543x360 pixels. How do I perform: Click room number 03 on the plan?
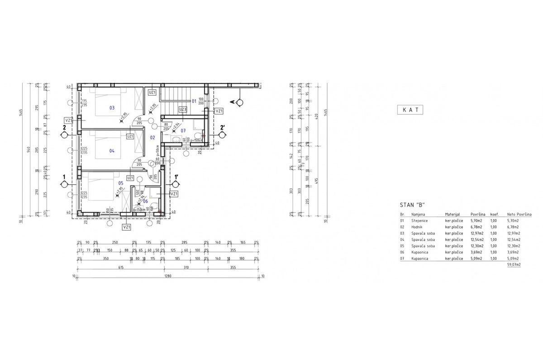point(112,108)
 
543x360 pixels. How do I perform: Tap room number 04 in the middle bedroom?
point(112,151)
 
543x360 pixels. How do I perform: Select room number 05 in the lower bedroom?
point(121,183)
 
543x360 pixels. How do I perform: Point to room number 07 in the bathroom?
point(183,131)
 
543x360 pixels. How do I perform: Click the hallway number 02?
point(153,137)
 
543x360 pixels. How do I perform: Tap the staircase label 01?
point(194,101)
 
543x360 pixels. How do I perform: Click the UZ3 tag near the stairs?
point(182,110)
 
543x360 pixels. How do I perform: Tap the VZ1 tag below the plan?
point(127,227)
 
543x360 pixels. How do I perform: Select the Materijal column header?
point(452,214)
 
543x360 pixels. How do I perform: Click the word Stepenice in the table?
point(419,221)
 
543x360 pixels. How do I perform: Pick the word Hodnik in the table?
point(417,227)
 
